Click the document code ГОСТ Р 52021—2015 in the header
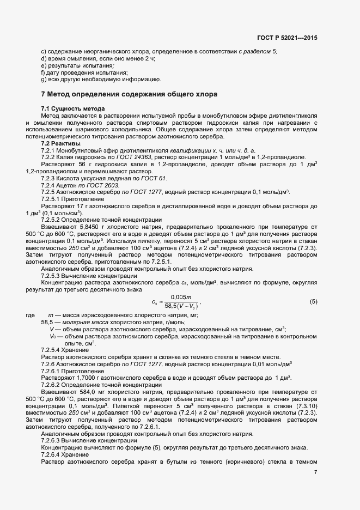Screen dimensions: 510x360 tap(287, 38)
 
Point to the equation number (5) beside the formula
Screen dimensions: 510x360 tap(313, 302)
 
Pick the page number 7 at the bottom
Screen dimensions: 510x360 tap(316, 471)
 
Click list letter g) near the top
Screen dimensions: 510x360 tap(43, 80)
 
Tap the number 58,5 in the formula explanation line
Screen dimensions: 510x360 tap(47, 323)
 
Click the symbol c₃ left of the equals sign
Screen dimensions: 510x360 tap(155, 302)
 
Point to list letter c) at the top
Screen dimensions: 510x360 tap(43, 51)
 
